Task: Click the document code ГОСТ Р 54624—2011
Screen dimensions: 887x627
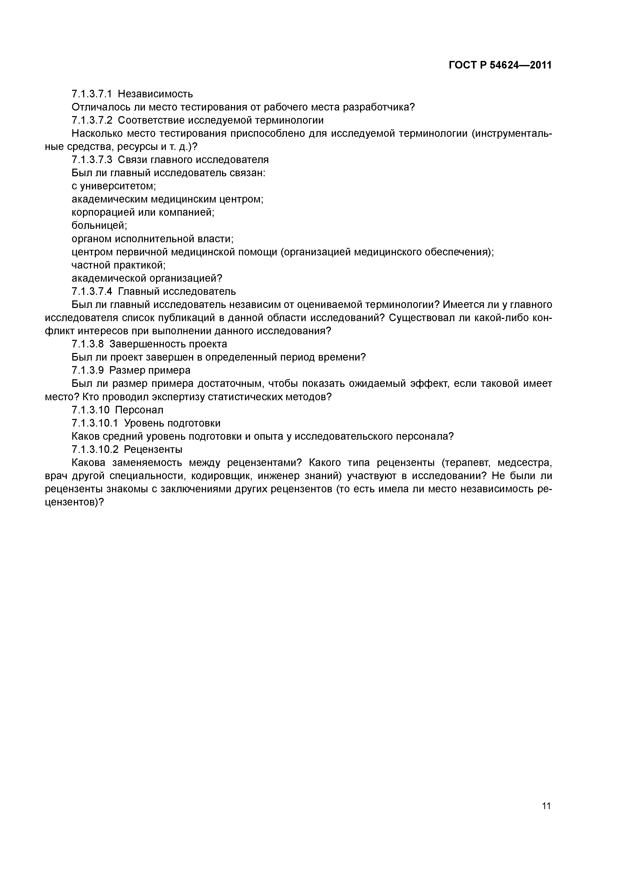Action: point(500,65)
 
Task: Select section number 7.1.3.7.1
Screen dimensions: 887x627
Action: point(92,94)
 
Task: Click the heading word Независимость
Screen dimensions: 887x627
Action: point(155,94)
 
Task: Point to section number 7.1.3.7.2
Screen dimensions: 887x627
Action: point(92,120)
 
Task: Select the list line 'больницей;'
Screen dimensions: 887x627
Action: point(99,225)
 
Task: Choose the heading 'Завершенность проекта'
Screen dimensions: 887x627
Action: point(168,344)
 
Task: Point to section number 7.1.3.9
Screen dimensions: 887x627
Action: point(88,370)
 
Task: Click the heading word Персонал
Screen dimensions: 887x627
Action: point(139,410)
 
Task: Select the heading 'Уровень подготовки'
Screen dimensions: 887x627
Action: point(172,423)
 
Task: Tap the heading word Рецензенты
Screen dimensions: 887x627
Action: point(153,449)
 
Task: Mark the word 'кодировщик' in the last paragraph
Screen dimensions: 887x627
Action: point(220,476)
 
